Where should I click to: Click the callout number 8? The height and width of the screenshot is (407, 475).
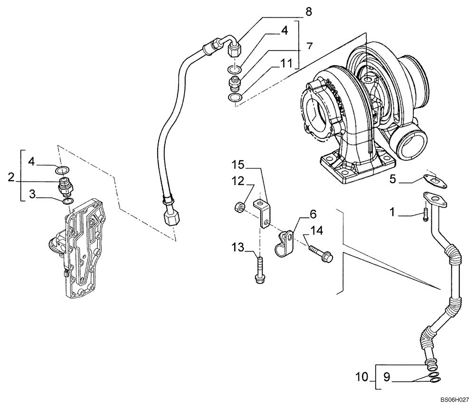coord(309,12)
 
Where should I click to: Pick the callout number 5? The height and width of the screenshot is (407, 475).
coord(393,179)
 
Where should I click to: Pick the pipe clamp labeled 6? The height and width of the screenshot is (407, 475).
coord(285,240)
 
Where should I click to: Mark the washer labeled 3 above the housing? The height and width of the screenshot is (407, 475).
coord(68,202)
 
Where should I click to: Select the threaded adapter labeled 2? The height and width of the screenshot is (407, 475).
coord(66,186)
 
